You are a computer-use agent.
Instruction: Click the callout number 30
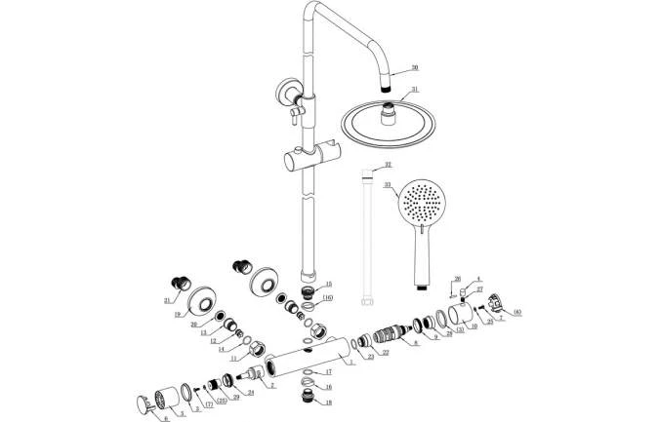click(414, 67)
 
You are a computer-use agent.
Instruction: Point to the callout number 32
click(388, 165)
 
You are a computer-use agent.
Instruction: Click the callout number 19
click(180, 315)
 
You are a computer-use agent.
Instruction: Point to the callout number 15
click(328, 284)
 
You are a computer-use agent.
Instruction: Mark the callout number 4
click(478, 280)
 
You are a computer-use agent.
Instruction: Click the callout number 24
click(250, 393)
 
